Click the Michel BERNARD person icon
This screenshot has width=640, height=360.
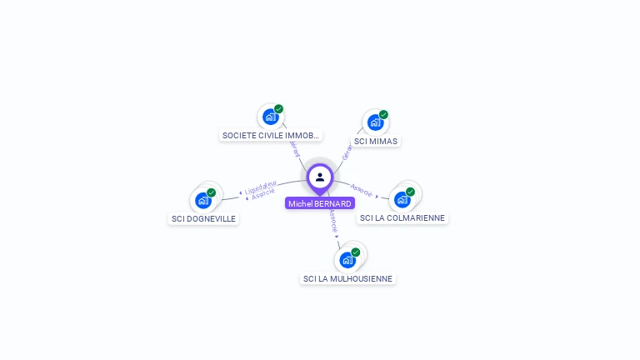(320, 177)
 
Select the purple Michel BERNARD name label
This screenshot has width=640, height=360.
(320, 203)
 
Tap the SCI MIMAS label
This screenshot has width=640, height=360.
(376, 141)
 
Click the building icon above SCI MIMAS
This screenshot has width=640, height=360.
(375, 122)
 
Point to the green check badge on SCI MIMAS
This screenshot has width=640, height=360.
(383, 114)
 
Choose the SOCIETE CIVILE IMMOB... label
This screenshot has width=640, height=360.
(270, 135)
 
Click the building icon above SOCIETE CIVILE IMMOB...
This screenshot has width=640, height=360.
(270, 117)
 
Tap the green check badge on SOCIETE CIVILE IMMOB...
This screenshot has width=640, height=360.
(278, 108)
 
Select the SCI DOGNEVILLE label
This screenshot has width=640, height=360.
(203, 218)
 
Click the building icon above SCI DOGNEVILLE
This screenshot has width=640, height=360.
(202, 200)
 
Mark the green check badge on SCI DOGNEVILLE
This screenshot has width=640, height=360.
(211, 192)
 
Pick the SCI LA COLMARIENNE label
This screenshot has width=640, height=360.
(402, 217)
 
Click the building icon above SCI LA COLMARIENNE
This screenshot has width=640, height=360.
(402, 199)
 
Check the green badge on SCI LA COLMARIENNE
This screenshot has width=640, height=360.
(410, 192)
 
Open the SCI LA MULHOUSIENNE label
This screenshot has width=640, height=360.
(348, 278)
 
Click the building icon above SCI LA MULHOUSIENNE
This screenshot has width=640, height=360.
(347, 260)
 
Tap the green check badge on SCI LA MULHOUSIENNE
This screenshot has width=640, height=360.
(356, 252)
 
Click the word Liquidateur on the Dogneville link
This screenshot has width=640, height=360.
(261, 187)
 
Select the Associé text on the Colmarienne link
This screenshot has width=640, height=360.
(362, 189)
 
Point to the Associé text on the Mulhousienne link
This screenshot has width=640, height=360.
(332, 221)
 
